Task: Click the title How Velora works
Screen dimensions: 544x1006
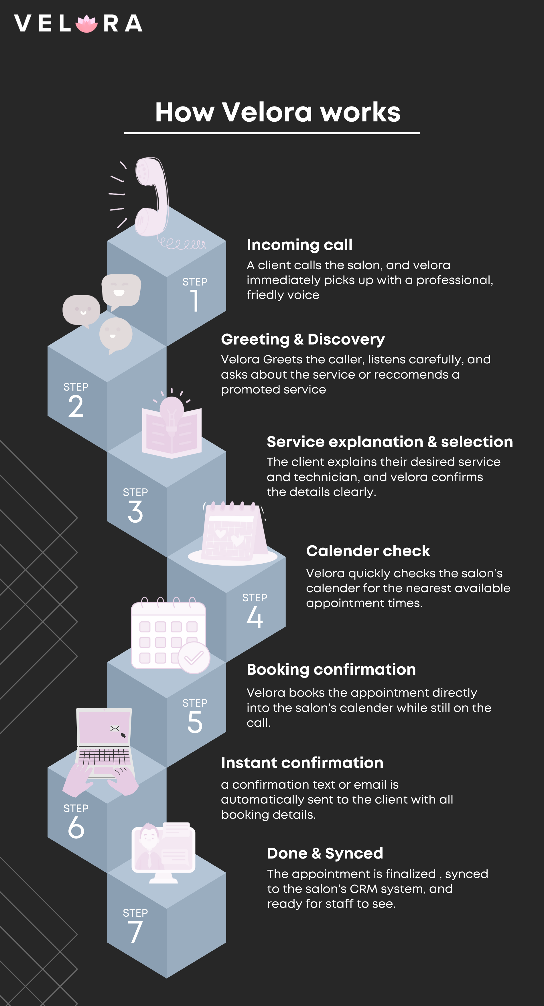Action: click(x=278, y=112)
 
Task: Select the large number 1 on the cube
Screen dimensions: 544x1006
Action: click(x=195, y=301)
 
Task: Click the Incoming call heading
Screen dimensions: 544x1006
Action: click(x=299, y=245)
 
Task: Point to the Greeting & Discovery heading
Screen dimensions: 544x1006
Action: click(x=303, y=339)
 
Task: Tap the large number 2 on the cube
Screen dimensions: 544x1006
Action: click(x=76, y=406)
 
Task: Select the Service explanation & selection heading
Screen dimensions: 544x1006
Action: click(x=390, y=442)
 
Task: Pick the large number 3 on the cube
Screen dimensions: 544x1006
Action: click(x=135, y=512)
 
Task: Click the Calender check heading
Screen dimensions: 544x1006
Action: click(x=368, y=551)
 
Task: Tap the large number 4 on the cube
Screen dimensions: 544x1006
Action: click(x=255, y=617)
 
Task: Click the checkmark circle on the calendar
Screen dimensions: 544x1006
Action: click(x=194, y=658)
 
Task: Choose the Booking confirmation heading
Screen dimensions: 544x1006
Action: click(x=331, y=669)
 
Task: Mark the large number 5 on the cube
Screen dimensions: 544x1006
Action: click(x=195, y=722)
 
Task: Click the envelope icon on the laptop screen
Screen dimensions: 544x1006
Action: click(x=115, y=728)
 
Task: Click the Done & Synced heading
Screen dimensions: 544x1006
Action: click(x=325, y=853)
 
